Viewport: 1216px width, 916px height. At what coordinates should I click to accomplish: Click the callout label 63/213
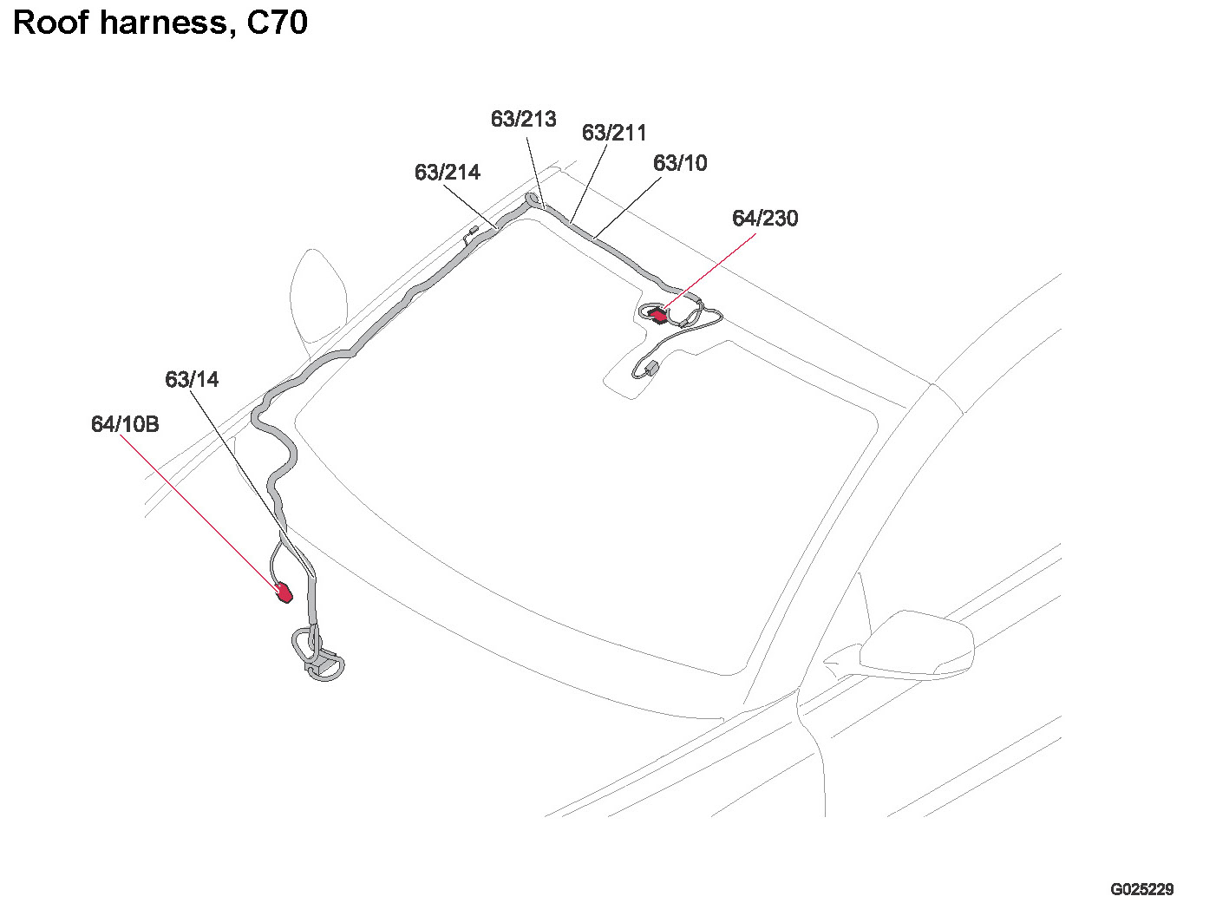click(523, 119)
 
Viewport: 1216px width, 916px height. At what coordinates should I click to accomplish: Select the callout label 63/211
click(614, 133)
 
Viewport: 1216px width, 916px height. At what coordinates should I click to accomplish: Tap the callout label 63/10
click(680, 163)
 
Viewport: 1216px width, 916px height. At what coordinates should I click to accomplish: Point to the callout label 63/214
click(447, 173)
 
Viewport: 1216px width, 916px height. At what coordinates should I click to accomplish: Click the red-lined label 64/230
click(765, 219)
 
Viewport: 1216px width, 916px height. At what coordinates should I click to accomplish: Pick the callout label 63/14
click(192, 380)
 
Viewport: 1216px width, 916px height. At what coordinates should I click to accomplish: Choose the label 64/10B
click(125, 425)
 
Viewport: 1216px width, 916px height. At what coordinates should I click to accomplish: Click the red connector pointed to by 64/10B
click(284, 593)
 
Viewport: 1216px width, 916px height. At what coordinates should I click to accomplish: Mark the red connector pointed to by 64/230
click(659, 315)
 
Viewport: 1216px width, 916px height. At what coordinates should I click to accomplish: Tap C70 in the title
click(277, 23)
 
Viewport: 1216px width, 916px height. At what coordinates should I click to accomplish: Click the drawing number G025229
click(1141, 889)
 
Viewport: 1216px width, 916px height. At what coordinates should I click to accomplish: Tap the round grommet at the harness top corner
click(532, 200)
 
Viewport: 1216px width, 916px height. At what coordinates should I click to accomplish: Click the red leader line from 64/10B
click(199, 512)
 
